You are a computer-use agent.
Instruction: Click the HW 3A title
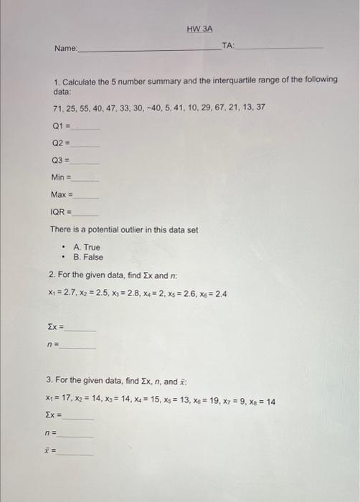[x=200, y=29]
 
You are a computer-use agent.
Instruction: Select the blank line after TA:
[x=280, y=47]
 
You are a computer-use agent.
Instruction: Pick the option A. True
[x=87, y=247]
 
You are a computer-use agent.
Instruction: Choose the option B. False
[x=88, y=257]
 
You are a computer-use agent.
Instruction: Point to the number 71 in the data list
[x=57, y=107]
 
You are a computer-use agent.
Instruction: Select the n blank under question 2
[x=79, y=346]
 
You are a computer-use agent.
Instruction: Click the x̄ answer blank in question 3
[x=77, y=453]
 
